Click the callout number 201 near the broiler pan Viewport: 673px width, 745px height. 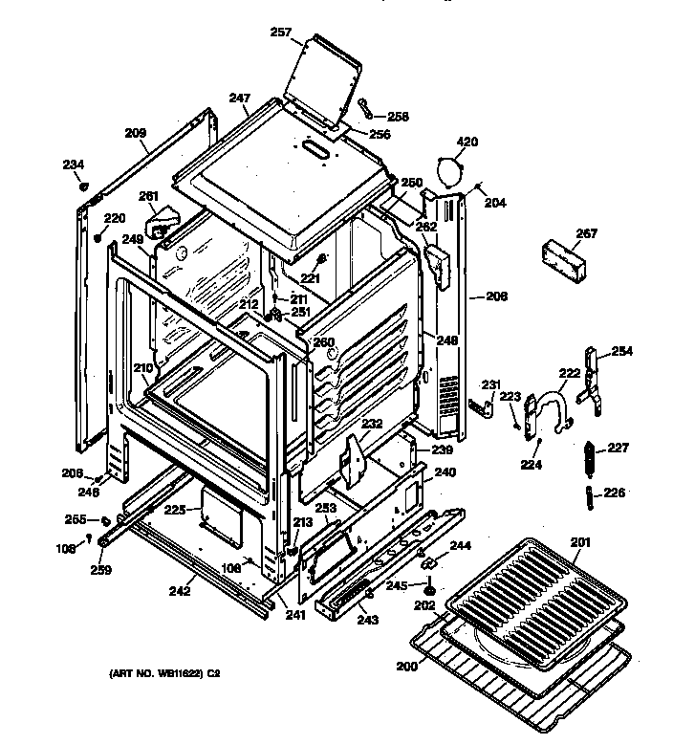(x=581, y=543)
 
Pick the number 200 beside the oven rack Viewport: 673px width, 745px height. (x=406, y=665)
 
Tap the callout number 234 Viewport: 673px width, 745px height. (x=74, y=165)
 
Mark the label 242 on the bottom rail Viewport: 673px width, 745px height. (x=179, y=591)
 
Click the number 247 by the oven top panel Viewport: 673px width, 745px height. (x=239, y=98)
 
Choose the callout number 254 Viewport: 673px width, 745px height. (x=621, y=351)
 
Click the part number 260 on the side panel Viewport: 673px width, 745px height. (x=324, y=342)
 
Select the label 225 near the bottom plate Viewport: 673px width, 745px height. (x=173, y=510)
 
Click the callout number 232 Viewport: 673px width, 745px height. (x=372, y=423)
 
